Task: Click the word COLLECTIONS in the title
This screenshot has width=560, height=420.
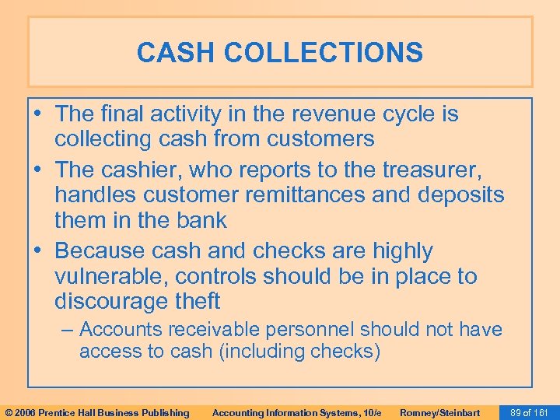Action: [x=324, y=53]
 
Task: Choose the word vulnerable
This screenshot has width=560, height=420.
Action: [x=111, y=276]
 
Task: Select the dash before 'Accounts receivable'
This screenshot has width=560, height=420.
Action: [x=68, y=330]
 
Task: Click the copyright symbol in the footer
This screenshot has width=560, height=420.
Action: [x=9, y=412]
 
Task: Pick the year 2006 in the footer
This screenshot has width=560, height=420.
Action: [x=25, y=412]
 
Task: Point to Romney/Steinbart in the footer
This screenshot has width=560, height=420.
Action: [x=439, y=412]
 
